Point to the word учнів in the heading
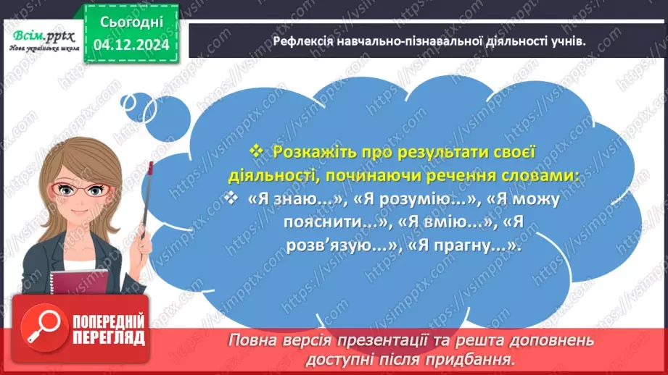566,42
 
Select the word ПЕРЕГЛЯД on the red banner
109,338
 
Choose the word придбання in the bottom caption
480,359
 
